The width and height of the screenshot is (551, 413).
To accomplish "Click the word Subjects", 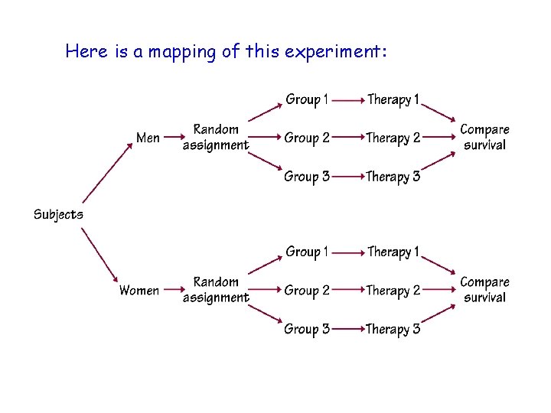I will (58, 214).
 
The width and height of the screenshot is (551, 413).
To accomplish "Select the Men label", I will (148, 138).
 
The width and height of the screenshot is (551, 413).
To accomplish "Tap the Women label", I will (139, 291).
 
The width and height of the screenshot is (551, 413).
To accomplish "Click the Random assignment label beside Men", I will (215, 137).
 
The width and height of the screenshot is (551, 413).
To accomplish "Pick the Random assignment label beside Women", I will (215, 290).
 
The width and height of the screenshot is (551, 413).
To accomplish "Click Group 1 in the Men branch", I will (307, 99).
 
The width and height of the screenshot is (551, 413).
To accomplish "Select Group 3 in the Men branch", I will (307, 177).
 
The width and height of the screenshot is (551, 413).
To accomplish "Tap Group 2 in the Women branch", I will (307, 291).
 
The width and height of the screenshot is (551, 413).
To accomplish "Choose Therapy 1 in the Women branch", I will (393, 252).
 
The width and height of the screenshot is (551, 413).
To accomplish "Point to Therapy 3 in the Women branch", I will (393, 330).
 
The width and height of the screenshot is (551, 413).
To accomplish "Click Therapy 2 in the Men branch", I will (393, 138).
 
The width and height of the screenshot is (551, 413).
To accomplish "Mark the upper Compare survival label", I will (484, 137).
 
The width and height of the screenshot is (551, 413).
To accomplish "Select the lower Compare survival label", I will (484, 290).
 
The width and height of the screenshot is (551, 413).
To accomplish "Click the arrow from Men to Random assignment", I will (171, 138).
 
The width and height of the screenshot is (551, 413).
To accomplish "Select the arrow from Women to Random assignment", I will (171, 291).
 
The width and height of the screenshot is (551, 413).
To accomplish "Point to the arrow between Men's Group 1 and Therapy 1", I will (348, 100).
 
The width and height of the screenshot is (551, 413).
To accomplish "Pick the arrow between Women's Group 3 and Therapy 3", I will (348, 330).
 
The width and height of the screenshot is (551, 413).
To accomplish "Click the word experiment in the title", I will (335, 52).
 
